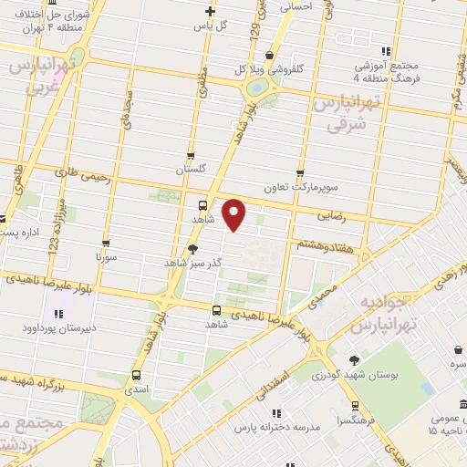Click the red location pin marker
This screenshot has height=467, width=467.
point(234,214)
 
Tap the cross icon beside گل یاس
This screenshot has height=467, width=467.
point(211,12)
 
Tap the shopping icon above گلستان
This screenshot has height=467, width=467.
point(190,156)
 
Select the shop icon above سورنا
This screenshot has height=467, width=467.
point(107,244)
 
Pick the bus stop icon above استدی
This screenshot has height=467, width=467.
point(137,375)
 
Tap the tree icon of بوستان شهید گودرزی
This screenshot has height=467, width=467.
point(353,359)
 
